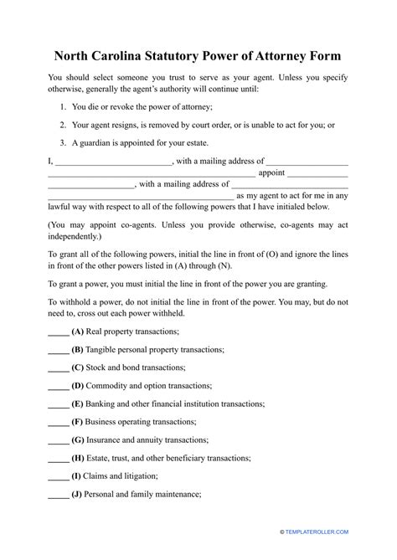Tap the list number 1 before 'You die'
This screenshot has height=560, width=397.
pos(64,107)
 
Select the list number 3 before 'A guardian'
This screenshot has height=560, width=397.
pos(64,142)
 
